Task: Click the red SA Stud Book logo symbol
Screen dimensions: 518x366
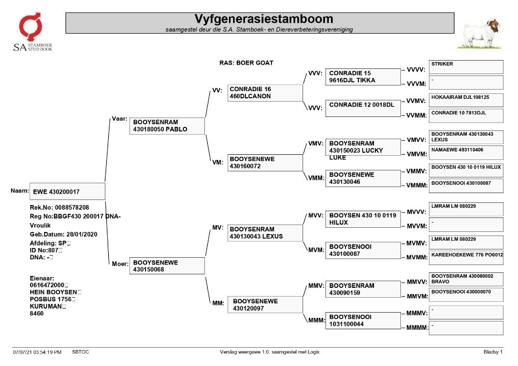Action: [30, 26]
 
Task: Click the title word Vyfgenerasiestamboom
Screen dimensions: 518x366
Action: [264, 19]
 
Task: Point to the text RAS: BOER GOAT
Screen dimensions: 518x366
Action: [246, 63]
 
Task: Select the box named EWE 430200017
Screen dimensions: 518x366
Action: [67, 192]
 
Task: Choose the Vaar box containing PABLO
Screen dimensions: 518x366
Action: [167, 126]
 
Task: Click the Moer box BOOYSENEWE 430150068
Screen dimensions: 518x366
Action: [167, 266]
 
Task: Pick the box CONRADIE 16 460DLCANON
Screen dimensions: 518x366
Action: [265, 93]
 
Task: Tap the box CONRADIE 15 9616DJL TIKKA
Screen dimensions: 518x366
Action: [363, 77]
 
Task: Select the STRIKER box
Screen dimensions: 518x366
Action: [466, 67]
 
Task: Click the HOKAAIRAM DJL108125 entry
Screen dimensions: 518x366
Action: [466, 100]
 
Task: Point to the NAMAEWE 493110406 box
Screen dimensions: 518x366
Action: [466, 153]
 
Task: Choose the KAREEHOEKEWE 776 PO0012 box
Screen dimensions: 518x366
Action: [466, 258]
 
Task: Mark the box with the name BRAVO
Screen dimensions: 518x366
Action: [466, 279]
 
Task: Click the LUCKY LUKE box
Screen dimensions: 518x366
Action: [363, 147]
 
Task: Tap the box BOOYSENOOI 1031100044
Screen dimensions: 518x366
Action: [363, 320]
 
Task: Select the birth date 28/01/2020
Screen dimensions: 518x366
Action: [82, 235]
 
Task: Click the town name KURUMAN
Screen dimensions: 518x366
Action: [46, 306]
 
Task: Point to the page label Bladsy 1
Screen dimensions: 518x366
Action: [493, 352]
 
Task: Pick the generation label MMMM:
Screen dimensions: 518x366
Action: [417, 327]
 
